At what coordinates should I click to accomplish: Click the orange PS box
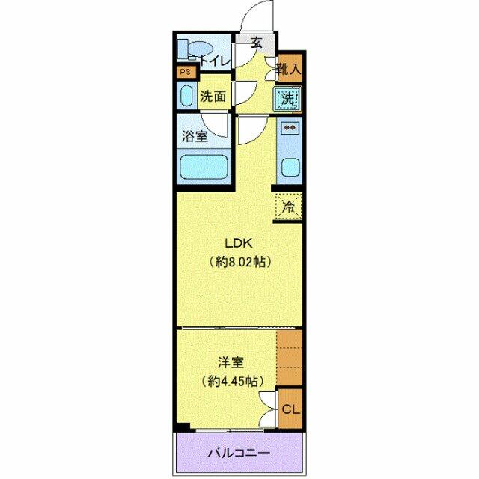click(185, 73)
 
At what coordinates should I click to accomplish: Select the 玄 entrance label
click(257, 43)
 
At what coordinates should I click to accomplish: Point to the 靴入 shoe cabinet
click(289, 69)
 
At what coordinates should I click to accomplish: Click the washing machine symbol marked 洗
click(287, 98)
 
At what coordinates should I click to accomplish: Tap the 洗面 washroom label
click(213, 97)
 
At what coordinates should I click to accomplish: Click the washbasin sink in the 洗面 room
click(186, 97)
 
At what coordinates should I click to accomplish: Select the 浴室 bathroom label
click(195, 137)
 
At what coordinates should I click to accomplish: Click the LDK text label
click(240, 243)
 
